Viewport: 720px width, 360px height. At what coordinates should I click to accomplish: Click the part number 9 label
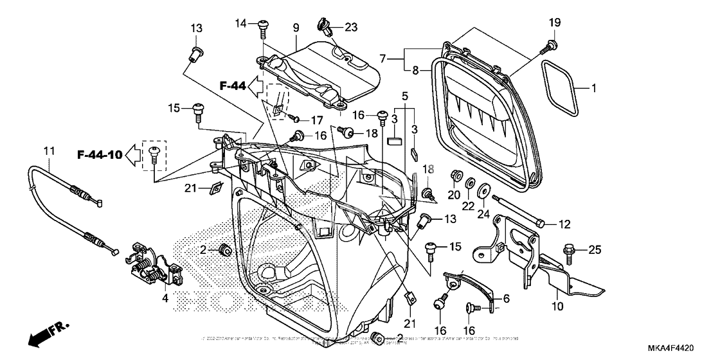[296, 28]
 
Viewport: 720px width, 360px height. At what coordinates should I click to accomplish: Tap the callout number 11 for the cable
[48, 151]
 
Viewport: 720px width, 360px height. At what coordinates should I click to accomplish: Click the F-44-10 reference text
[100, 154]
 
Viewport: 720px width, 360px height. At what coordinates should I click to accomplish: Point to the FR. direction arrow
[49, 334]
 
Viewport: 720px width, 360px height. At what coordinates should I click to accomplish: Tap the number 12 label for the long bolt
[564, 224]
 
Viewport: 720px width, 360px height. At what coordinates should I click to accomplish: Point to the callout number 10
[557, 307]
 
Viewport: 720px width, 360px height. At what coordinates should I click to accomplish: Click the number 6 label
[505, 299]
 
